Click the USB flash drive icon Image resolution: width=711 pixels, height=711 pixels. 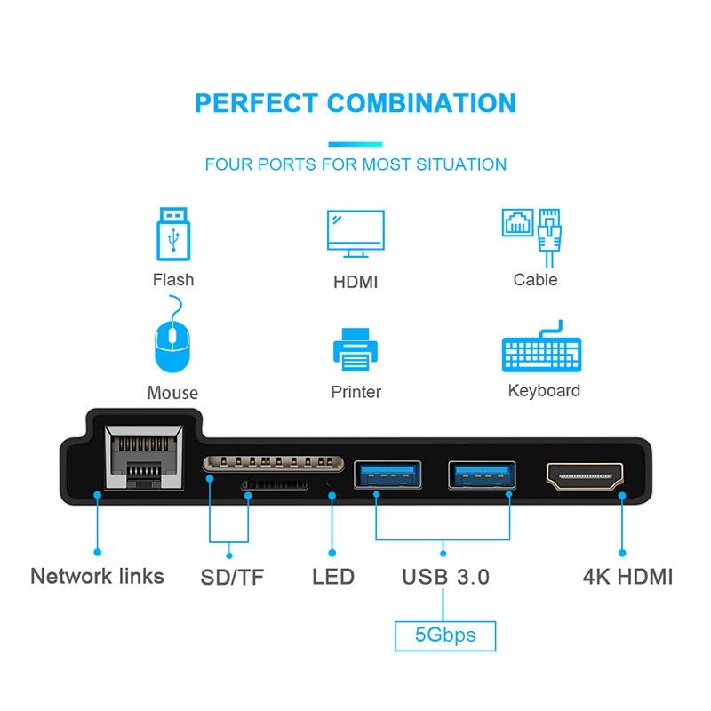(x=173, y=234)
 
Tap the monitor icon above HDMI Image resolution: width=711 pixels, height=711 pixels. (x=355, y=234)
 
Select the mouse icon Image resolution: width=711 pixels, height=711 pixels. (x=172, y=334)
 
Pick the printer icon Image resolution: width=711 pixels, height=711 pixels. (x=355, y=349)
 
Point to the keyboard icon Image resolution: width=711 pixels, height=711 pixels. (x=541, y=347)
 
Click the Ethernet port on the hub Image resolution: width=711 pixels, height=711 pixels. (x=144, y=458)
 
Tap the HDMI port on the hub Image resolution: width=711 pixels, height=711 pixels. (x=585, y=476)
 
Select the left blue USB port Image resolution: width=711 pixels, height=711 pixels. (x=387, y=475)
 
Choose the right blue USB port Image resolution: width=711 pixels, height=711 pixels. (x=482, y=475)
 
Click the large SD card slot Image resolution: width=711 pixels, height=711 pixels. (x=273, y=463)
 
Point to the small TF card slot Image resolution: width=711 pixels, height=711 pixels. (x=275, y=484)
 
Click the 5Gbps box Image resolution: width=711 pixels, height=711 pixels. (x=445, y=635)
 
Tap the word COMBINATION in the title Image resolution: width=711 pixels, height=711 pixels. (x=421, y=103)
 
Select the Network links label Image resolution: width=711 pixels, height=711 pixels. (x=97, y=576)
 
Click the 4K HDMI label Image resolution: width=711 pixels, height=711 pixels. (x=627, y=577)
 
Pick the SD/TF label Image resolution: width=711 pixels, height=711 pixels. (x=232, y=577)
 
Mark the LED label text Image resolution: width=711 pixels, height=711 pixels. (x=333, y=577)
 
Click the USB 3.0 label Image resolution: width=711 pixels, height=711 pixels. (x=446, y=577)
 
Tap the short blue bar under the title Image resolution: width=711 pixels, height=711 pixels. (x=355, y=144)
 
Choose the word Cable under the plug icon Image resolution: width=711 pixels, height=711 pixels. (x=536, y=280)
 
